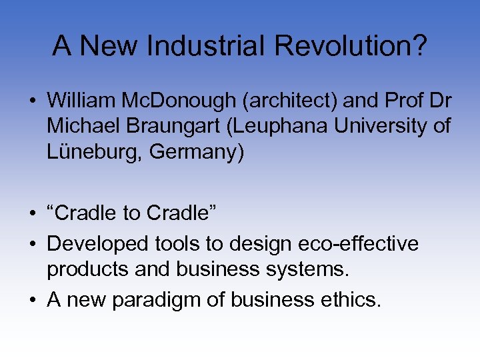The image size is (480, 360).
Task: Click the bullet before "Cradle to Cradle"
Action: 32,214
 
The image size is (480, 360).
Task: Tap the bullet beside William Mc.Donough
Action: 32,101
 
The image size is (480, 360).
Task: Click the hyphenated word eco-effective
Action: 361,243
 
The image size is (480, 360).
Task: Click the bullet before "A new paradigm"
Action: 32,300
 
